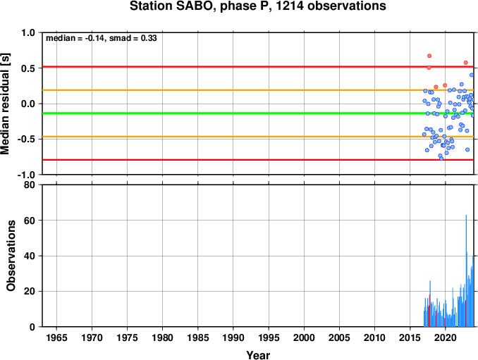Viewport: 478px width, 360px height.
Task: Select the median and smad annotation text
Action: pyautogui.click(x=102, y=38)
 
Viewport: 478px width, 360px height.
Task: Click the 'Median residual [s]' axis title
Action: pyautogui.click(x=5, y=104)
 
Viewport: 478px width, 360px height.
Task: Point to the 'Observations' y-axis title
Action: pyautogui.click(x=11, y=256)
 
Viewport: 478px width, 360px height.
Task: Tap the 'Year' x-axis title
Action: pyautogui.click(x=258, y=355)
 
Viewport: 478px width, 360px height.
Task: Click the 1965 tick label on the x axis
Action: pyautogui.click(x=56, y=337)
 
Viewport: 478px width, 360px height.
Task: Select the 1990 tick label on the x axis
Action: pyautogui.click(x=233, y=337)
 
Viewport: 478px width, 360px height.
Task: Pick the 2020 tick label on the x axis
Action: pyautogui.click(x=446, y=337)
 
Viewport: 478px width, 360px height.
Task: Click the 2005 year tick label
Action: pyautogui.click(x=339, y=337)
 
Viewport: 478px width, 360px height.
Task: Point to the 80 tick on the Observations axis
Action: pyautogui.click(x=30, y=185)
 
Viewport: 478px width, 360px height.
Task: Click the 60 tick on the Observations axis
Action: pyautogui.click(x=30, y=221)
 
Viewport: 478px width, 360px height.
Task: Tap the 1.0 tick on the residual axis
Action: pyautogui.click(x=28, y=32)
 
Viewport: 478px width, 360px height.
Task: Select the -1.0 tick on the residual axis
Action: pyautogui.click(x=27, y=175)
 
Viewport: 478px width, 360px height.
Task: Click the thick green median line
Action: pyautogui.click(x=258, y=113)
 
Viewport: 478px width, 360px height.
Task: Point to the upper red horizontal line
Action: pyautogui.click(x=258, y=66)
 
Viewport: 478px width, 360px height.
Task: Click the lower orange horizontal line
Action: pyautogui.click(x=258, y=137)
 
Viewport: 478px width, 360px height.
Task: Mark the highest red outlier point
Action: pyautogui.click(x=429, y=56)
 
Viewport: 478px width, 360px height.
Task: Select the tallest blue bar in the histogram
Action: pyautogui.click(x=466, y=271)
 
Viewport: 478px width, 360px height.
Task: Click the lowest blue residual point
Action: pyautogui.click(x=441, y=159)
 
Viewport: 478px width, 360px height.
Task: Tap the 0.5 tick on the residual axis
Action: pyautogui.click(x=28, y=68)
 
